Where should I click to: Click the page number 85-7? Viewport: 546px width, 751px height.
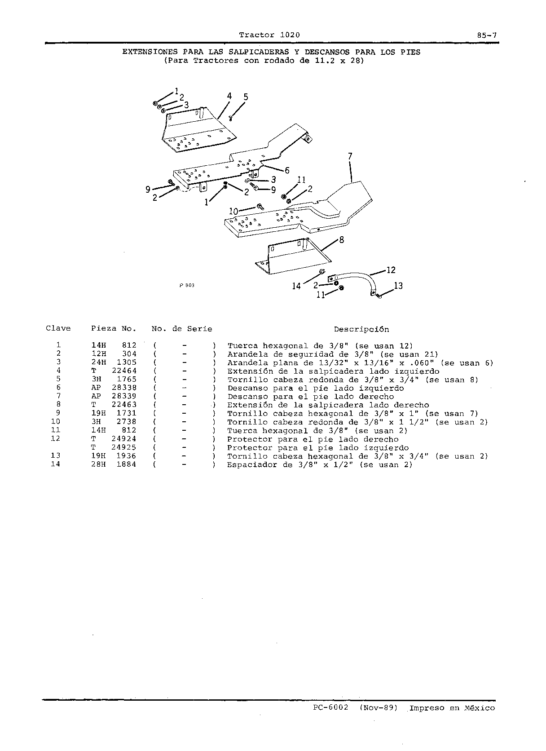pos(487,35)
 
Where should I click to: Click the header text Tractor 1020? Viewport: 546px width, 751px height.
pos(269,35)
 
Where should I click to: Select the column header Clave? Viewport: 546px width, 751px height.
pos(58,328)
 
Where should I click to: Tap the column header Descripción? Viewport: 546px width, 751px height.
pos(361,329)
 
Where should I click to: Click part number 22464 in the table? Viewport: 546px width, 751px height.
pos(124,371)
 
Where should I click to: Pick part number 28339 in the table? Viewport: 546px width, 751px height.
pos(124,396)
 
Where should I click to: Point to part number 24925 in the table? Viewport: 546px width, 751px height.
pos(124,447)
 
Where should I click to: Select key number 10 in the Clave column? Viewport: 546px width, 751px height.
pos(56,421)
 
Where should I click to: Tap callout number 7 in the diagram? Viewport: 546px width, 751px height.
pos(350,156)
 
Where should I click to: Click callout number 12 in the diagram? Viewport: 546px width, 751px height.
pos(391,270)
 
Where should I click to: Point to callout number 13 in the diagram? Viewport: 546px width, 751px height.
pos(398,286)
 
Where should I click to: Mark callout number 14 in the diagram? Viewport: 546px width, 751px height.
pos(296,286)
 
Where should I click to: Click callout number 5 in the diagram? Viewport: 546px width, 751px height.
pos(246,97)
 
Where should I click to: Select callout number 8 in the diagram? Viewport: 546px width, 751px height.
pos(342,240)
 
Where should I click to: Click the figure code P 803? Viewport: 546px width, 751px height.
pos(187,285)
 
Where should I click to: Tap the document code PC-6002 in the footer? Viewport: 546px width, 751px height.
pos(331,707)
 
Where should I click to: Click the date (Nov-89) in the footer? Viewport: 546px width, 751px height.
pos(379,707)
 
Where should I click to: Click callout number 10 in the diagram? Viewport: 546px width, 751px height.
pos(233,211)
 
